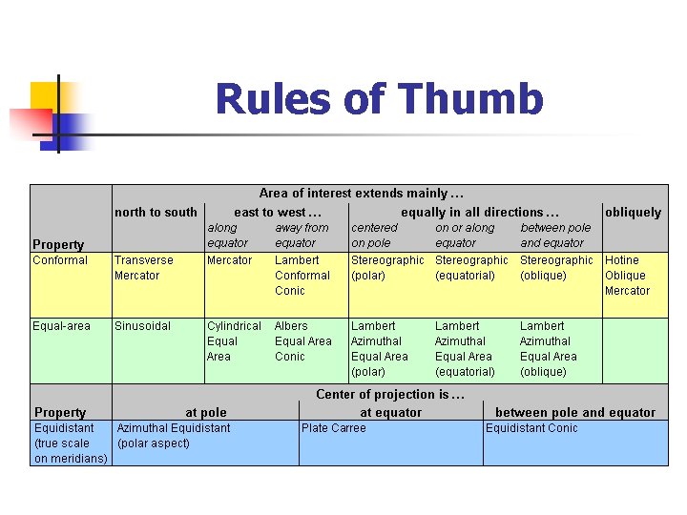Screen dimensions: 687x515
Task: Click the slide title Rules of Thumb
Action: [x=379, y=99]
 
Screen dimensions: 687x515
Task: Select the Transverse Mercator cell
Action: [x=144, y=268]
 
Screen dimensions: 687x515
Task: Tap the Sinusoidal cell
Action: [x=142, y=326]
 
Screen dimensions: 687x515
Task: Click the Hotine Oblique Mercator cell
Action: [x=627, y=276]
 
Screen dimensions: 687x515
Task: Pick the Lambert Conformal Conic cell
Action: [x=302, y=276]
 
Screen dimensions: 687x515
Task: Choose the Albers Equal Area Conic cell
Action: [x=303, y=341]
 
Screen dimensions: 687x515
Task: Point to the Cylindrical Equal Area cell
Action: [x=233, y=341]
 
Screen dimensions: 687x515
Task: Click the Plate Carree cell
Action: [x=334, y=428]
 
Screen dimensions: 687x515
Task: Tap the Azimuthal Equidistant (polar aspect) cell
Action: [x=174, y=436]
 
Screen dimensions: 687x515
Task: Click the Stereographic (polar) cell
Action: [x=387, y=268]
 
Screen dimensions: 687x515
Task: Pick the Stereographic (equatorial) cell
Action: [x=471, y=268]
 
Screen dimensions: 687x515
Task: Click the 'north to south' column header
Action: [x=156, y=213]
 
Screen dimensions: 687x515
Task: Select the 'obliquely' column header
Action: [x=633, y=213]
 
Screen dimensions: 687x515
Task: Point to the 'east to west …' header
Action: [x=278, y=213]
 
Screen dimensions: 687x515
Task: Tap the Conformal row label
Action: [x=60, y=260]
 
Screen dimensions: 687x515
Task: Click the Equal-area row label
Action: [x=61, y=326]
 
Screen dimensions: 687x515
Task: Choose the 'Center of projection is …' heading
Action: [x=390, y=395]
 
